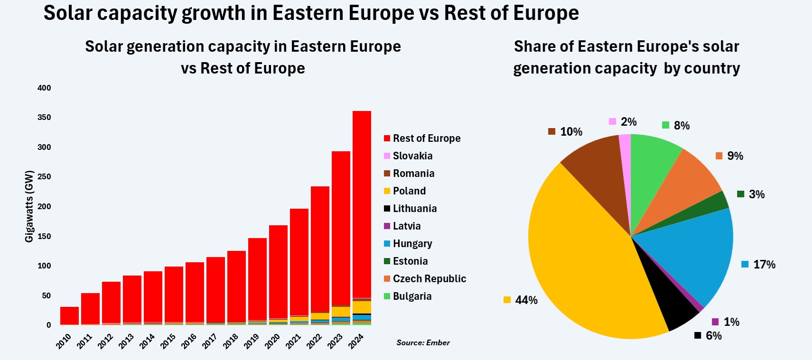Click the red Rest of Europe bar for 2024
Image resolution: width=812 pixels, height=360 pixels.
tap(362, 204)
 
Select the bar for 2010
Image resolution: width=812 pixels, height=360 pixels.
tap(69, 315)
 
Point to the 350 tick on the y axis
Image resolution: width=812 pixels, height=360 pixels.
tap(44, 118)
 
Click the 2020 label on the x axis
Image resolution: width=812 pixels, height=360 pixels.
tap(272, 341)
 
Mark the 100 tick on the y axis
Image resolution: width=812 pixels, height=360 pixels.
tap(44, 266)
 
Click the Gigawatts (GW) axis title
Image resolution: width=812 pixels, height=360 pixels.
tap(29, 206)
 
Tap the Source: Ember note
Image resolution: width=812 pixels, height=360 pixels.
tap(423, 343)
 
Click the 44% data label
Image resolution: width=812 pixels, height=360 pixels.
tap(526, 300)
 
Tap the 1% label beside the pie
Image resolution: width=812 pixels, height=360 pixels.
tap(731, 322)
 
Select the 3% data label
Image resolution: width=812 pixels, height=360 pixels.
tap(756, 194)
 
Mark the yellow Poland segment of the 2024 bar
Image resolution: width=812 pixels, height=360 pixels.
tap(362, 307)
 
